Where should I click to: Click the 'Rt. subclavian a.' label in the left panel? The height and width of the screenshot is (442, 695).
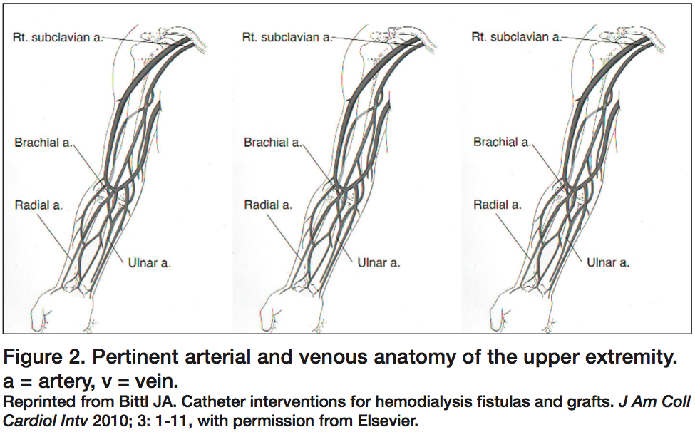(58, 37)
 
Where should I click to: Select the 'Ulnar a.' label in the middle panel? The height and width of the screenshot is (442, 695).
(379, 263)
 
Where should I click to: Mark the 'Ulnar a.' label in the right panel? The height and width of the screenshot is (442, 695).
(608, 263)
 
